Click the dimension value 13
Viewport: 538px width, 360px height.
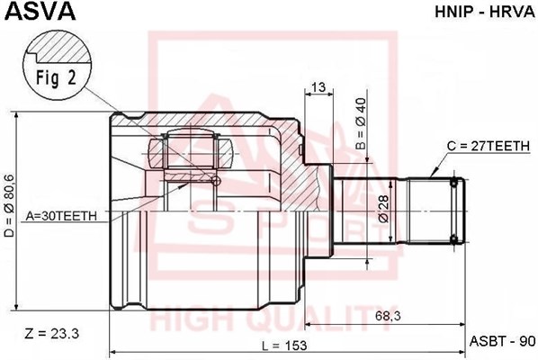click(x=317, y=87)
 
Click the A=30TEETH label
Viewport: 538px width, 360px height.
click(x=67, y=216)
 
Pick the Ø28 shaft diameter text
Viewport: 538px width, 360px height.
click(x=382, y=207)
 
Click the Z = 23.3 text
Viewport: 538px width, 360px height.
click(x=54, y=334)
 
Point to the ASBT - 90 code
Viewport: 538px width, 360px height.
click(x=502, y=341)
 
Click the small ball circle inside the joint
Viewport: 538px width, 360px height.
click(x=214, y=181)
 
